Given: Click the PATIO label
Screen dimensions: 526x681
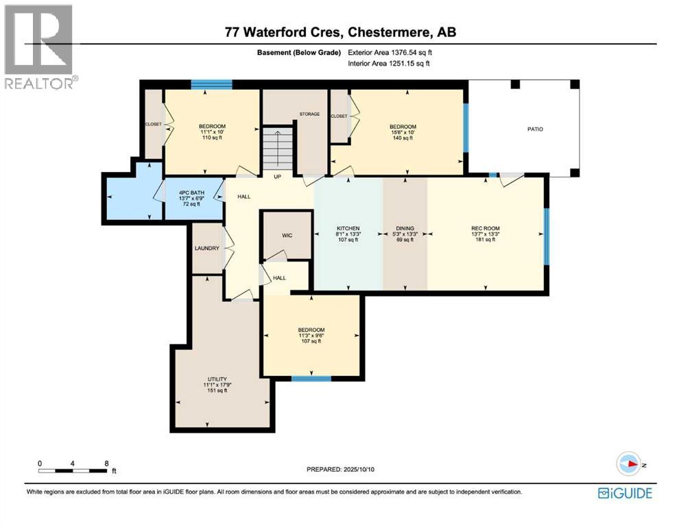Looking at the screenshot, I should (534, 129).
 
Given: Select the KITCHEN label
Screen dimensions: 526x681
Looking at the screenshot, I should (348, 228).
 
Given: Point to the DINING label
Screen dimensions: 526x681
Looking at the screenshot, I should (405, 228).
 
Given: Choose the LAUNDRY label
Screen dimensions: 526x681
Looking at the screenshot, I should (206, 248).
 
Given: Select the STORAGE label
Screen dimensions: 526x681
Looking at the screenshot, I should (309, 114).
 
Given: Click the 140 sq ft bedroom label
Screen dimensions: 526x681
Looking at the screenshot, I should (403, 127).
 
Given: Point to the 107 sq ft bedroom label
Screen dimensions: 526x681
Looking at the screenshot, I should (311, 330).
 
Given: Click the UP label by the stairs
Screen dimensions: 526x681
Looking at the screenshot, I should (278, 176).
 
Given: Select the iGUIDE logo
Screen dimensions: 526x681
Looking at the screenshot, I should (625, 492).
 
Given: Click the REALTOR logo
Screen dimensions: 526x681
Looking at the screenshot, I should (39, 46).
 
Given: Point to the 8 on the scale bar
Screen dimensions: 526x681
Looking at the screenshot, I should (106, 463).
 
